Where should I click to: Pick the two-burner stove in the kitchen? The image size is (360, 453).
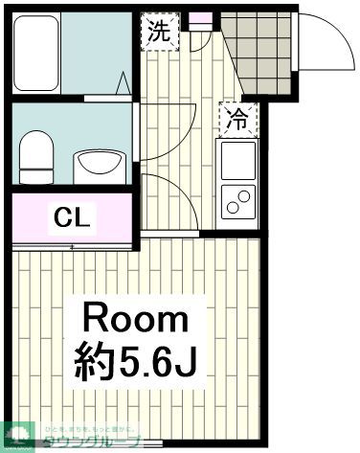(237, 199)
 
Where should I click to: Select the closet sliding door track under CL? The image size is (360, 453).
(71, 247)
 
